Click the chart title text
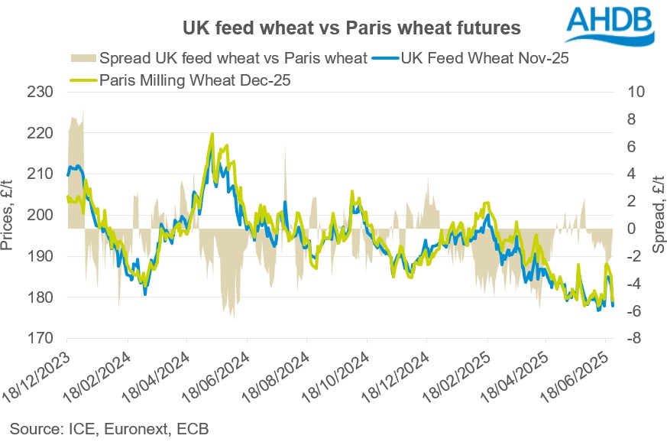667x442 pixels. coord(351,28)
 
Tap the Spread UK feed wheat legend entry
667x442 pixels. coord(219,58)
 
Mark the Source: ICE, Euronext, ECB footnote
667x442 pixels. coord(109,427)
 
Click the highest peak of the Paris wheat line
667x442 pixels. coord(212,134)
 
